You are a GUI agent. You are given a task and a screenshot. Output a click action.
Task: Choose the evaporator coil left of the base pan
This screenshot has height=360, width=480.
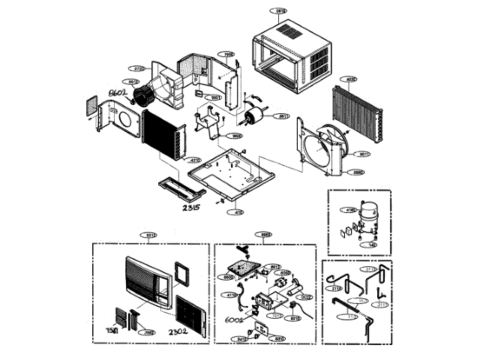(x=161, y=135)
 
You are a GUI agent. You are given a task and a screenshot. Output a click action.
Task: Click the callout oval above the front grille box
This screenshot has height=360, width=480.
(x=149, y=235)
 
